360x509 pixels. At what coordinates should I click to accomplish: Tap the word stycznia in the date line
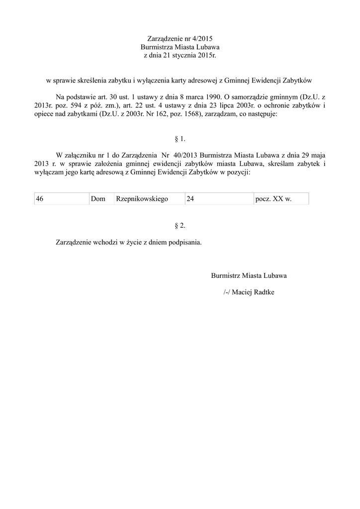[x=182, y=55]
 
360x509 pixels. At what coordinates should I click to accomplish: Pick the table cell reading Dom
[x=101, y=199]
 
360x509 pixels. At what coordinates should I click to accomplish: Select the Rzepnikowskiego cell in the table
[x=149, y=199]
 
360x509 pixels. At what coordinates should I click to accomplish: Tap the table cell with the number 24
[x=218, y=199]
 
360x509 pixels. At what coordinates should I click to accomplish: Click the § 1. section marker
[x=180, y=139]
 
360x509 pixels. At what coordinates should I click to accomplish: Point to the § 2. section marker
[x=180, y=226]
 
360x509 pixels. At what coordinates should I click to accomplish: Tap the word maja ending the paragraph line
[x=318, y=155]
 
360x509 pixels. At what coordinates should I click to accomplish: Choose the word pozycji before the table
[x=238, y=172]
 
